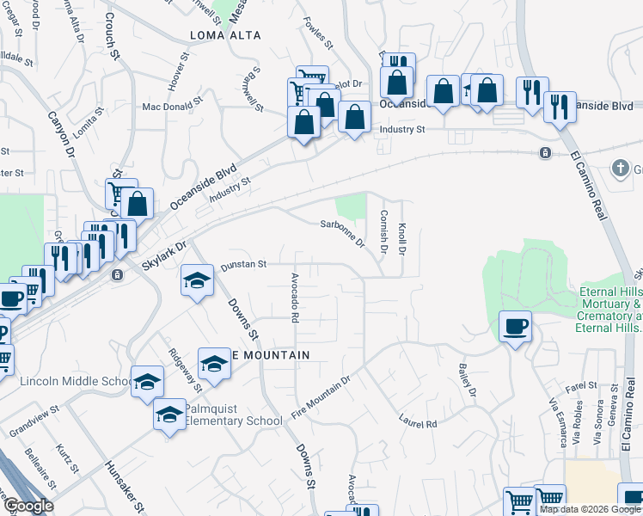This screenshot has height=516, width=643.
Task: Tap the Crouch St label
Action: point(113,35)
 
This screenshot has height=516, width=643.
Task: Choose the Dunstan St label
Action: point(244,265)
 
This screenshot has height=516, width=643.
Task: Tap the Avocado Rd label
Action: point(294,298)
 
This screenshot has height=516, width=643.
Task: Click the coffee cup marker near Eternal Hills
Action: point(515,327)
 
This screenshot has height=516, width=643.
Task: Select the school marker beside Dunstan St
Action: point(197,281)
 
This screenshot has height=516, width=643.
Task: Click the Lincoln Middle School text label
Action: point(76,382)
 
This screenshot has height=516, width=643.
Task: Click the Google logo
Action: point(28,506)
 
